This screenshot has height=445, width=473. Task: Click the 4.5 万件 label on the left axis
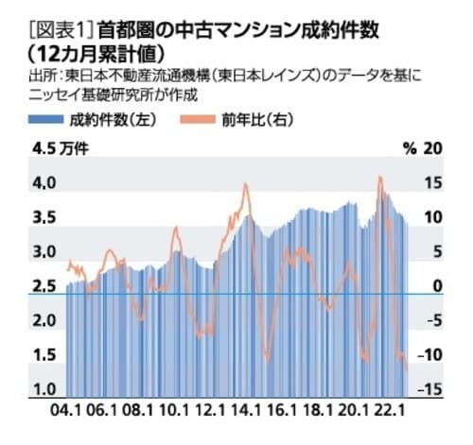[59, 148]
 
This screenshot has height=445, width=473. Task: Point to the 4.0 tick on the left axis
[44, 183]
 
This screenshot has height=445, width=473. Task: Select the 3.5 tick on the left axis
[44, 217]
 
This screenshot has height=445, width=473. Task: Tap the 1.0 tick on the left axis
[44, 389]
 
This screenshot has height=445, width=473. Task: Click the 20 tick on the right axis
[433, 148]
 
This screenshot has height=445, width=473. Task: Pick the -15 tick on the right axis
[431, 389]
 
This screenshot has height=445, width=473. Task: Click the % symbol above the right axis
[409, 148]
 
